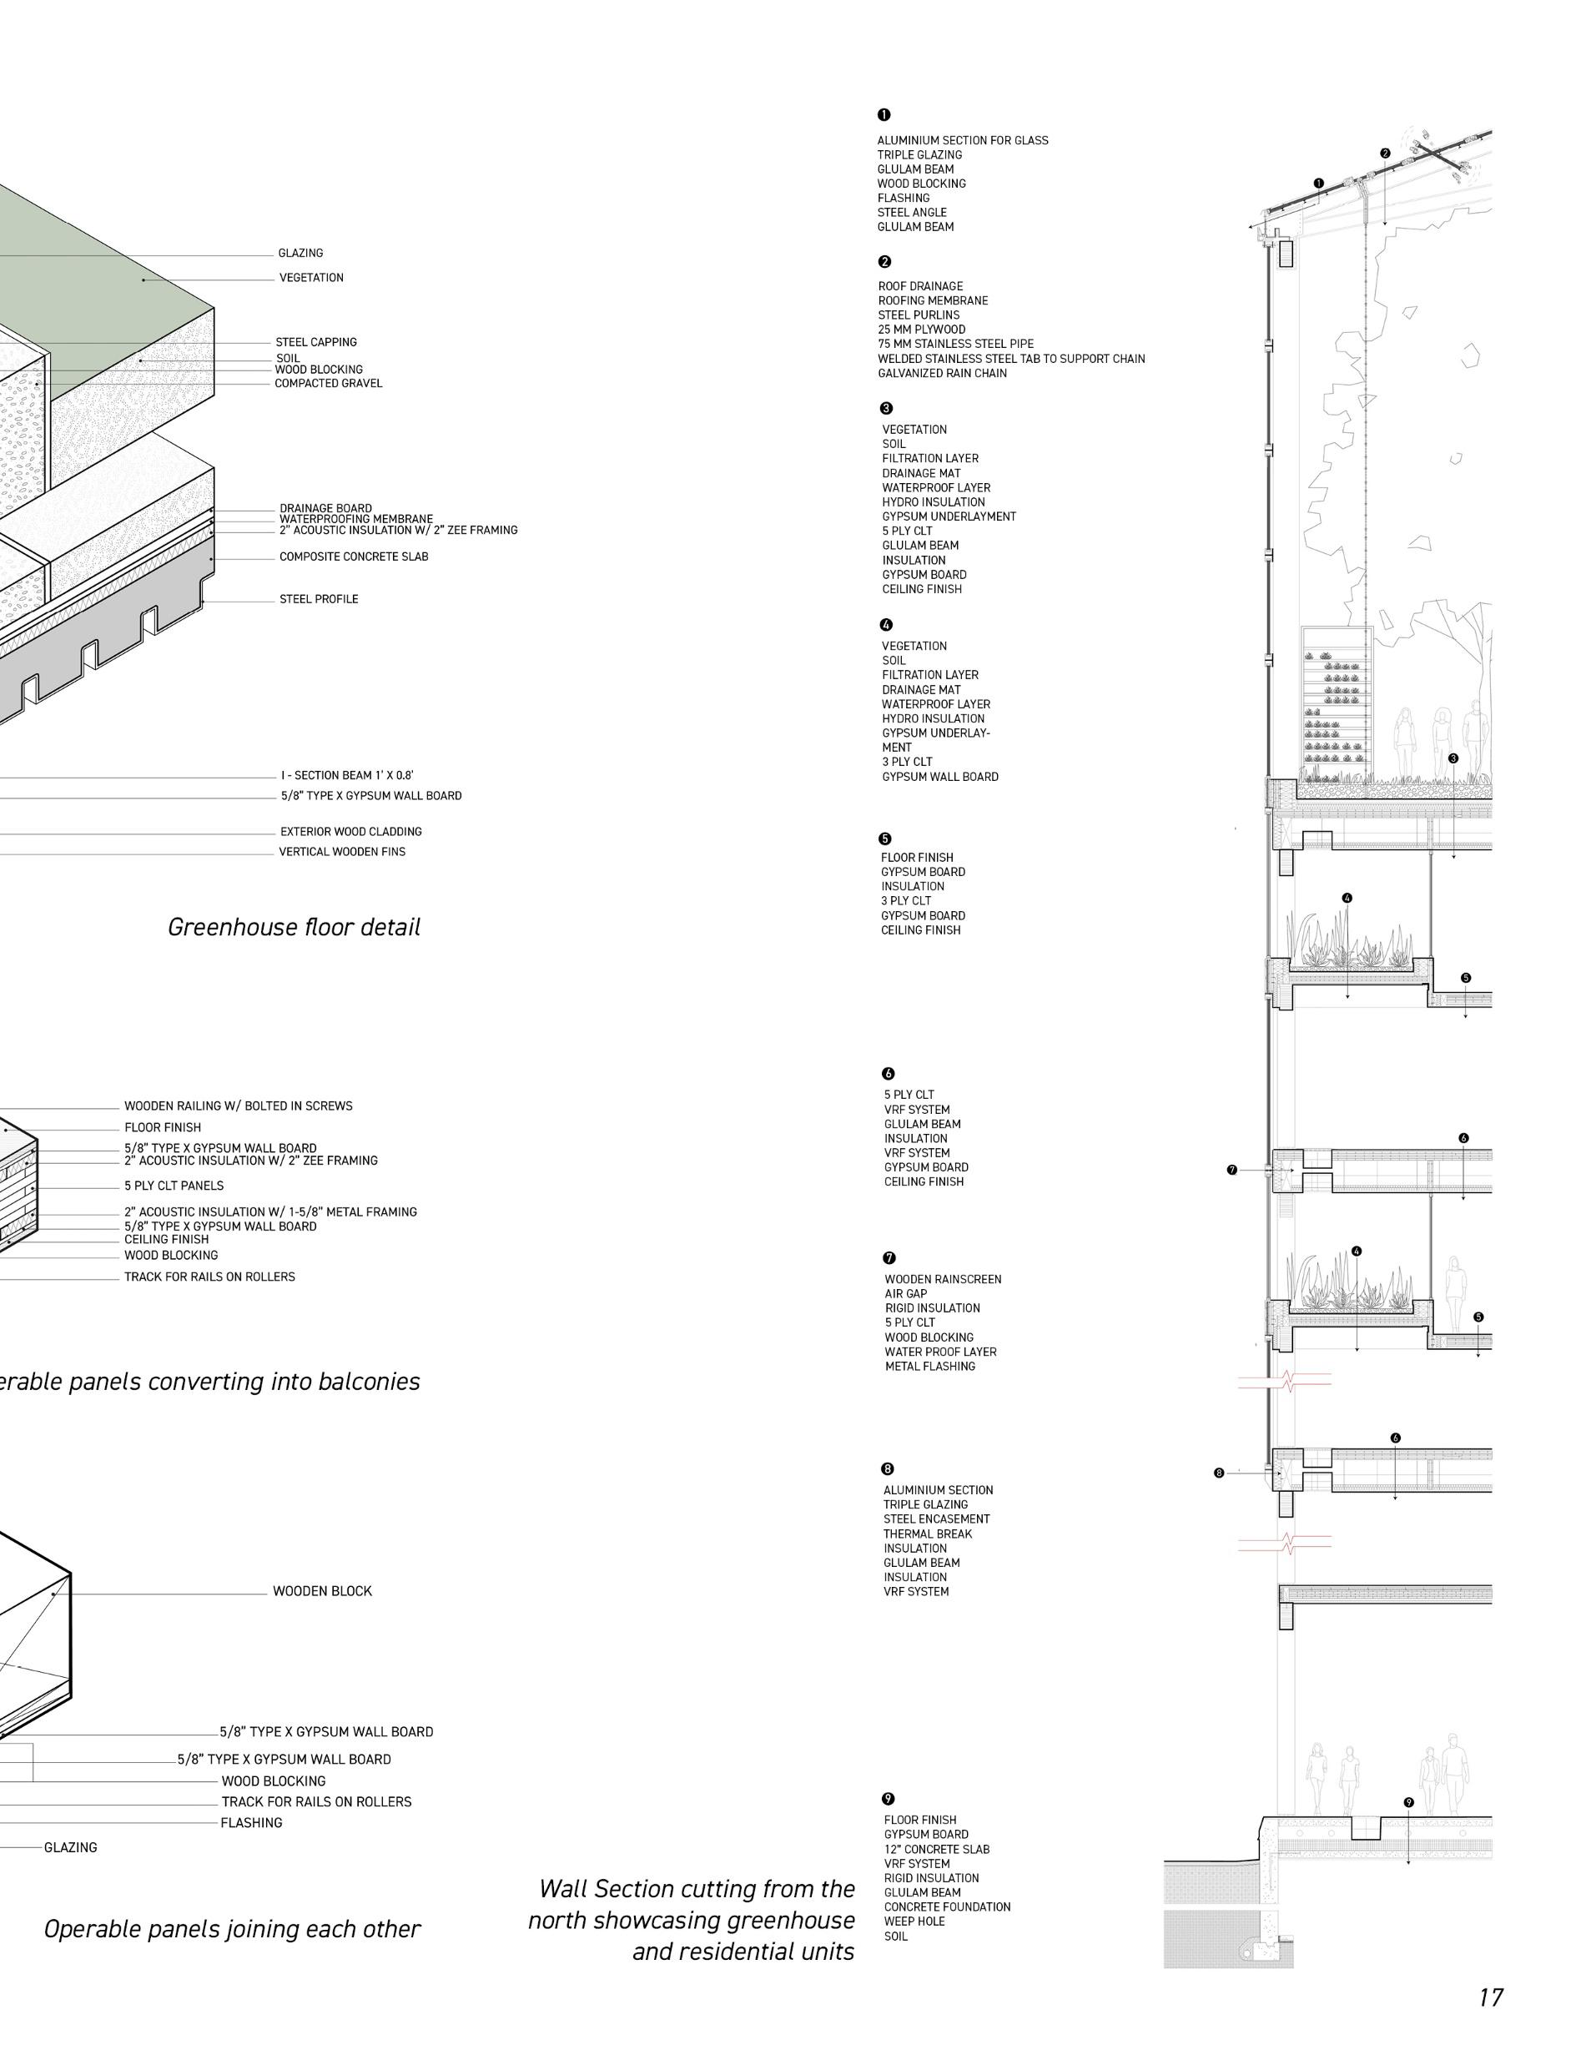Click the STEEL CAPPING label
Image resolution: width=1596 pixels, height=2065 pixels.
pyautogui.click(x=316, y=342)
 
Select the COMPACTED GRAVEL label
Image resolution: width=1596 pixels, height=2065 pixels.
pyautogui.click(x=328, y=384)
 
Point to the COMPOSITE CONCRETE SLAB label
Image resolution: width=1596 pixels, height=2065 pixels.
pyautogui.click(x=354, y=557)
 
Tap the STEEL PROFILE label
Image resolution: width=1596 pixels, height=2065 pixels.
pyautogui.click(x=319, y=599)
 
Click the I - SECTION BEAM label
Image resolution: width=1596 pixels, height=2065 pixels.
pyautogui.click(x=346, y=776)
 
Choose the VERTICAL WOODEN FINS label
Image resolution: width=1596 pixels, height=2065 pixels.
pyautogui.click(x=341, y=852)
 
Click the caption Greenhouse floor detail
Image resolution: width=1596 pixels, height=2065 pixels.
pyautogui.click(x=294, y=928)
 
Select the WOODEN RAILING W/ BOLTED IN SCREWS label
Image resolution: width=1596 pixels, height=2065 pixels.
pyautogui.click(x=239, y=1106)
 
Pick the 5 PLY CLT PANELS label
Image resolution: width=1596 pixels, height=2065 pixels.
pyautogui.click(x=174, y=1186)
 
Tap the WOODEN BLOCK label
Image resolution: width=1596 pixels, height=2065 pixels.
pyautogui.click(x=322, y=1591)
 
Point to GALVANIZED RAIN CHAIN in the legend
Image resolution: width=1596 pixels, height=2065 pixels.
pyautogui.click(x=942, y=374)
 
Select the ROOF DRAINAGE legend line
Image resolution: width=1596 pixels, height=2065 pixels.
pyautogui.click(x=920, y=286)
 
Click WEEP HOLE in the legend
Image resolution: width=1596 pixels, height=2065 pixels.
pyautogui.click(x=914, y=1921)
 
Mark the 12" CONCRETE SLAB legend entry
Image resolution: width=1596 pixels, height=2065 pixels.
pyautogui.click(x=936, y=1850)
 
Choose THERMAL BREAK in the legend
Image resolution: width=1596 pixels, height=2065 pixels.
pyautogui.click(x=928, y=1534)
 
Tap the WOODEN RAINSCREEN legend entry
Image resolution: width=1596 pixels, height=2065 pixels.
pyautogui.click(x=943, y=1279)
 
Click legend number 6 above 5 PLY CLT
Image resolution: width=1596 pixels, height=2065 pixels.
pyautogui.click(x=888, y=1074)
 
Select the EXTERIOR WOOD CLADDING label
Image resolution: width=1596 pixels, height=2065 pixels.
pyautogui.click(x=350, y=832)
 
